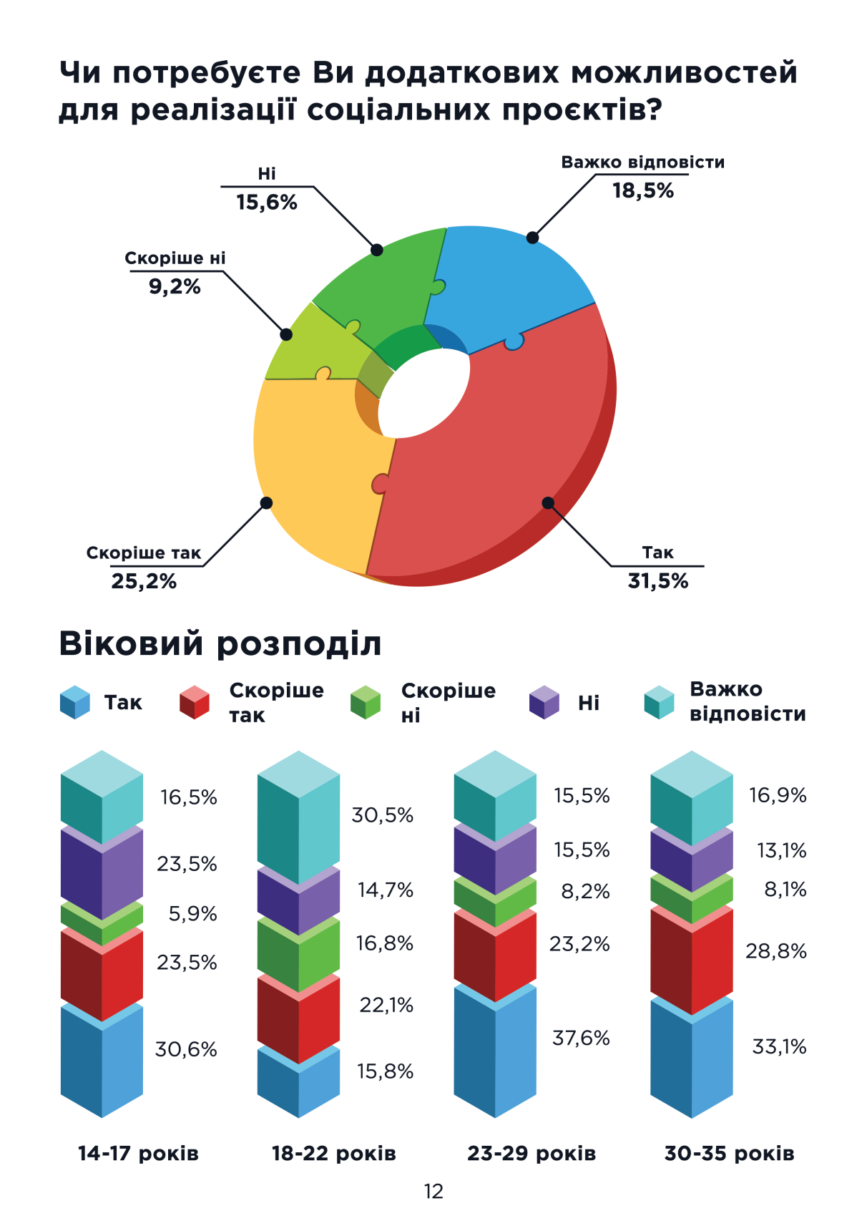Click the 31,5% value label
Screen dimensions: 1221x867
tap(657, 581)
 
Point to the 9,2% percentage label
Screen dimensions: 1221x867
tap(175, 287)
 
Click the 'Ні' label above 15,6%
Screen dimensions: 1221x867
tap(266, 174)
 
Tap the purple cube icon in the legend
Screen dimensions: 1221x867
tap(544, 702)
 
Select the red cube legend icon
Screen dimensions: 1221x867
tap(194, 702)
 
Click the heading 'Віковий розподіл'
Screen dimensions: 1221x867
tap(220, 643)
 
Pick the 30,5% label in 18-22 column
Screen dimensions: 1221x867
tap(382, 815)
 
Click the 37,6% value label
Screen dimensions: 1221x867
tap(580, 1038)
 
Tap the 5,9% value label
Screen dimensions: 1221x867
tap(192, 914)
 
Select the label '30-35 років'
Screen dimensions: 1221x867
tap(729, 1154)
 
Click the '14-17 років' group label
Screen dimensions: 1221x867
tap(138, 1154)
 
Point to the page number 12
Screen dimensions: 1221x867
tap(433, 1192)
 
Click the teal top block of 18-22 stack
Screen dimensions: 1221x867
tap(298, 823)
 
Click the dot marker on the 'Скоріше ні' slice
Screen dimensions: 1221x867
tap(286, 334)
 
